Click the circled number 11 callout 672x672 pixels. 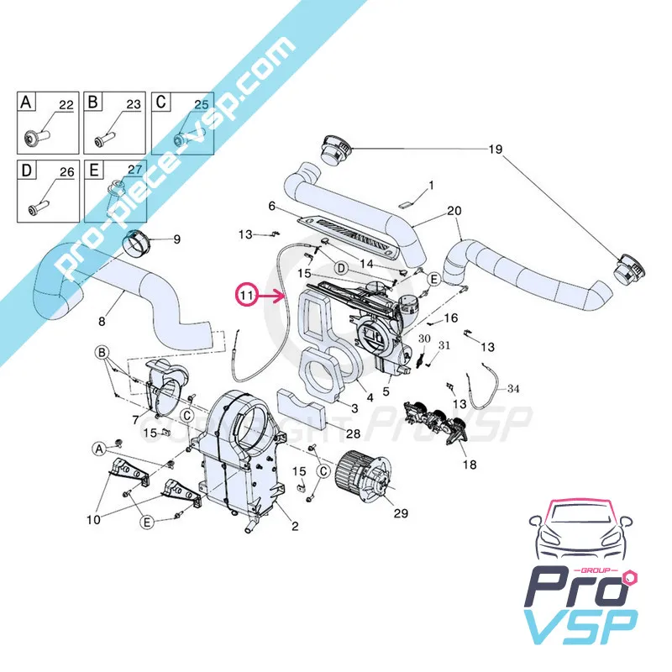pos(246,296)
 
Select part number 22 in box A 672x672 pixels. pos(65,105)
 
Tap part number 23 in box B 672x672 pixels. pos(133,105)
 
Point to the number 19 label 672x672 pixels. pos(495,150)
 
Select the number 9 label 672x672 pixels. pos(176,239)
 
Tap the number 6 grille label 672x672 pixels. pos(272,207)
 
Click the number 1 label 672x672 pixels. pos(431,185)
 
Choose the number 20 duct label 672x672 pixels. pos(454,210)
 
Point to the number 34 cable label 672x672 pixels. pos(514,388)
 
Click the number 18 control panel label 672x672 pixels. pos(469,465)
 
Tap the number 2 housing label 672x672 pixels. pos(295,527)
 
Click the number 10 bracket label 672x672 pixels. pos(92,520)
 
